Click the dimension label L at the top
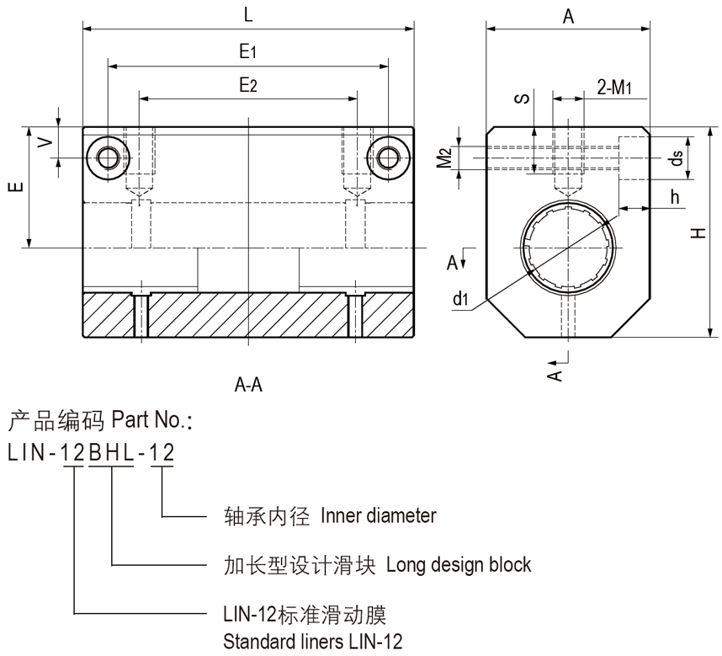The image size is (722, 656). pyautogui.click(x=247, y=14)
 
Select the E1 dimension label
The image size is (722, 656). pyautogui.click(x=247, y=52)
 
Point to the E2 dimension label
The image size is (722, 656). pyautogui.click(x=247, y=84)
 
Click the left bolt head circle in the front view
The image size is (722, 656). pyautogui.click(x=108, y=157)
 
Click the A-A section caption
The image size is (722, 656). pyautogui.click(x=249, y=387)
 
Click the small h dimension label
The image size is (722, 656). pyautogui.click(x=675, y=195)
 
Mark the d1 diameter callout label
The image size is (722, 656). pyautogui.click(x=459, y=297)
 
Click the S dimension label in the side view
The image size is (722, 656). pyautogui.click(x=522, y=99)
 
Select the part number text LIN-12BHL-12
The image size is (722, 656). pyautogui.click(x=91, y=453)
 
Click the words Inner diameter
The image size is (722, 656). pyautogui.click(x=378, y=515)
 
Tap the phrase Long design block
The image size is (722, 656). pyautogui.click(x=459, y=563)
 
